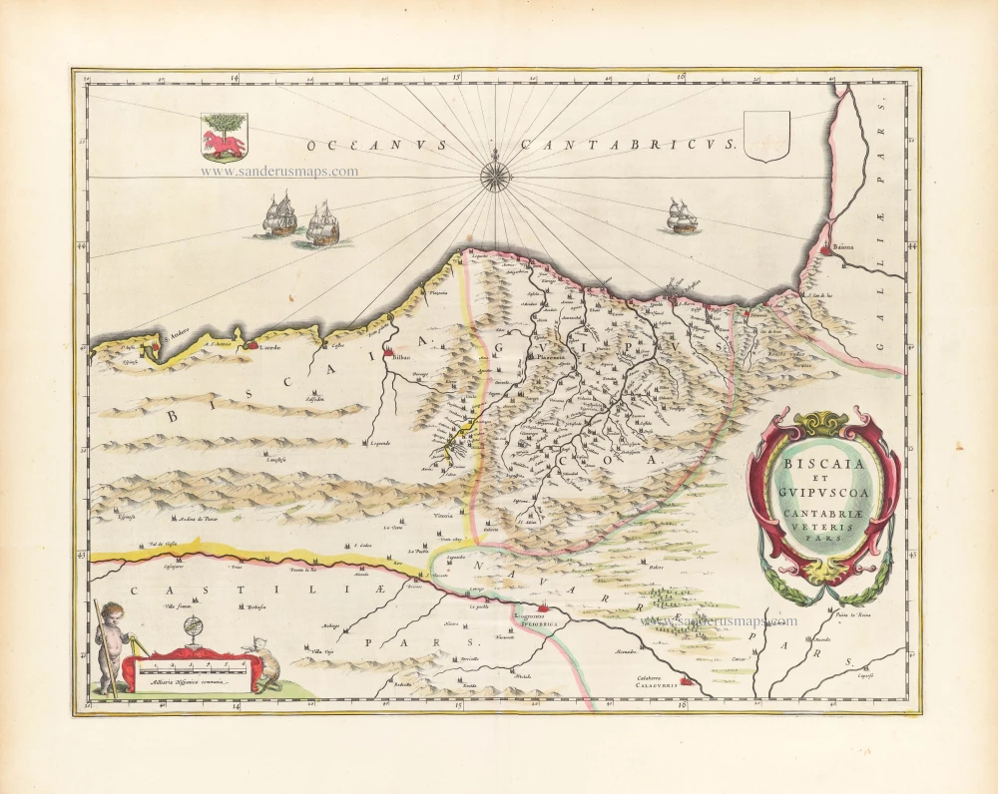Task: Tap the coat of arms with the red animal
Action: pyautogui.click(x=224, y=136)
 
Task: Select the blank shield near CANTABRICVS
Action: pyautogui.click(x=767, y=137)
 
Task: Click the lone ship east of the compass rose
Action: pyautogui.click(x=683, y=216)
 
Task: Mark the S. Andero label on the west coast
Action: pyautogui.click(x=175, y=335)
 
